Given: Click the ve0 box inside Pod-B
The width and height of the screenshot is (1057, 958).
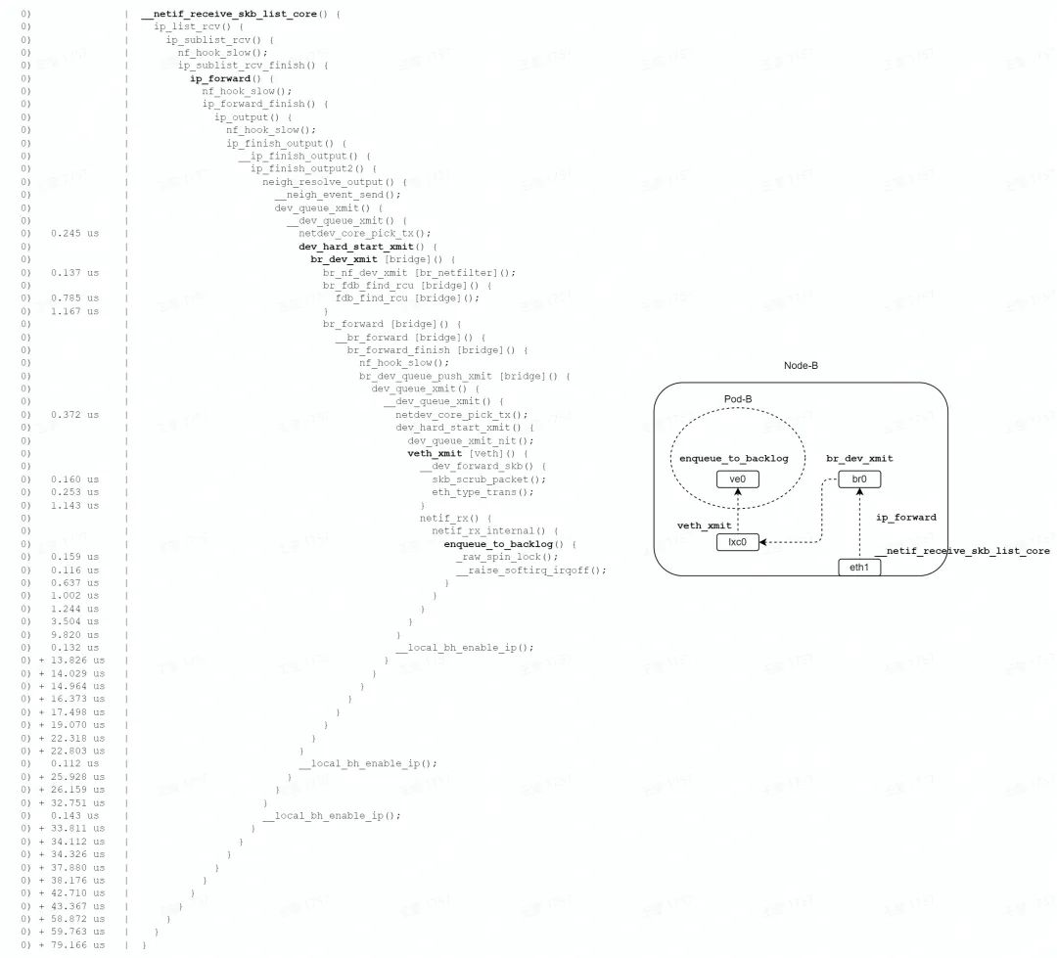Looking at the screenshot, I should pos(739,479).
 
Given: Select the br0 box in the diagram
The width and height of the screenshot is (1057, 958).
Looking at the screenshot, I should pos(859,479).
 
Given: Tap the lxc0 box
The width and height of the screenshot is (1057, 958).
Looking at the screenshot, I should pos(738,542).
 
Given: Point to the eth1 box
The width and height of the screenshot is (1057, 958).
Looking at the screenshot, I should pos(859,567).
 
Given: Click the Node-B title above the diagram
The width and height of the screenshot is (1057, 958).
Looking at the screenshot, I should pos(801,365).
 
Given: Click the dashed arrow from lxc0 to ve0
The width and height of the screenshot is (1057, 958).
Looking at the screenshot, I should pos(739,511).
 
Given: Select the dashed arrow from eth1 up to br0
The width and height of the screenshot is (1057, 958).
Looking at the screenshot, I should pos(859,524).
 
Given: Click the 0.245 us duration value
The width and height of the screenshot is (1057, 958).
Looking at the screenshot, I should pos(74,233).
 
